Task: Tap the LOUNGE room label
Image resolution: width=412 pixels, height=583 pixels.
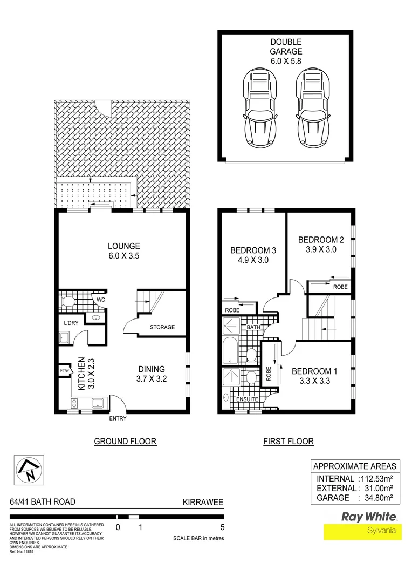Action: pos(123,246)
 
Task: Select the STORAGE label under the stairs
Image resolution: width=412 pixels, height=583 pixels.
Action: pos(162,327)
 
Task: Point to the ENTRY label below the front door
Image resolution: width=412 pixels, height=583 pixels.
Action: pos(119,418)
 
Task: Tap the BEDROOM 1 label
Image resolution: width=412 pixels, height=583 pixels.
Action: pos(314,371)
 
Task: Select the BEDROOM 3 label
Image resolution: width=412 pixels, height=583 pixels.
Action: pos(253,250)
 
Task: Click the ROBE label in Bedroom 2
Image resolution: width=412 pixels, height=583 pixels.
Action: pos(340,287)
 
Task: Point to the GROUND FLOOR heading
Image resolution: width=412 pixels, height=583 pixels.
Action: pos(125,442)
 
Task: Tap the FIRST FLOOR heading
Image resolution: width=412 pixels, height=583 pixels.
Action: pos(288,442)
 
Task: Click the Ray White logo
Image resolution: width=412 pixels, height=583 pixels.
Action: pos(369,517)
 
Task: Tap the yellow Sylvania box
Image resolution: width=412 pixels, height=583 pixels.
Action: pos(363,531)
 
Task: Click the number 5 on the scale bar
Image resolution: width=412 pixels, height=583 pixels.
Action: pos(222,528)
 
